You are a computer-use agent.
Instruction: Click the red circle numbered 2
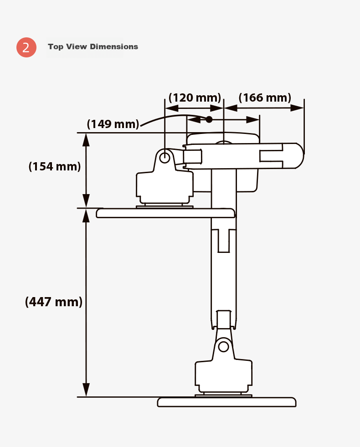(26, 47)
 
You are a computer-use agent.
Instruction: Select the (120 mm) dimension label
(195, 98)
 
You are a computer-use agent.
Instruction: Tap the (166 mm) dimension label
(265, 98)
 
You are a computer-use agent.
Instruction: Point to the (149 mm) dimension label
(113, 124)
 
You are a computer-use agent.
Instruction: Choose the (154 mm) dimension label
(55, 166)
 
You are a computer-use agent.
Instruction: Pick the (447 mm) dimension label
(54, 302)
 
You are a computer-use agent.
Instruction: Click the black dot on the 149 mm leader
(209, 119)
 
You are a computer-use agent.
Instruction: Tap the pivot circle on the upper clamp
(165, 157)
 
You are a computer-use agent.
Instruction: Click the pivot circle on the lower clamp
(223, 347)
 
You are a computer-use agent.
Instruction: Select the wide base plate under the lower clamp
(226, 402)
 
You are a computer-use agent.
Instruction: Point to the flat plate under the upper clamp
(165, 213)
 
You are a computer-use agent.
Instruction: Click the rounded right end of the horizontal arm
(299, 156)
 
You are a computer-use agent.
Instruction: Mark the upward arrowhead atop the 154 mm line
(86, 140)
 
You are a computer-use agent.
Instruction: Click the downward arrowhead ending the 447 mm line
(86, 390)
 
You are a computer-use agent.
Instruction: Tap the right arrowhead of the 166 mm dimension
(297, 108)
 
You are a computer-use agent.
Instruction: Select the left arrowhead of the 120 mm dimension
(172, 108)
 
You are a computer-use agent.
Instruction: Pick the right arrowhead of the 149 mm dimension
(253, 120)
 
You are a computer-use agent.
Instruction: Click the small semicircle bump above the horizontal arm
(223, 142)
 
